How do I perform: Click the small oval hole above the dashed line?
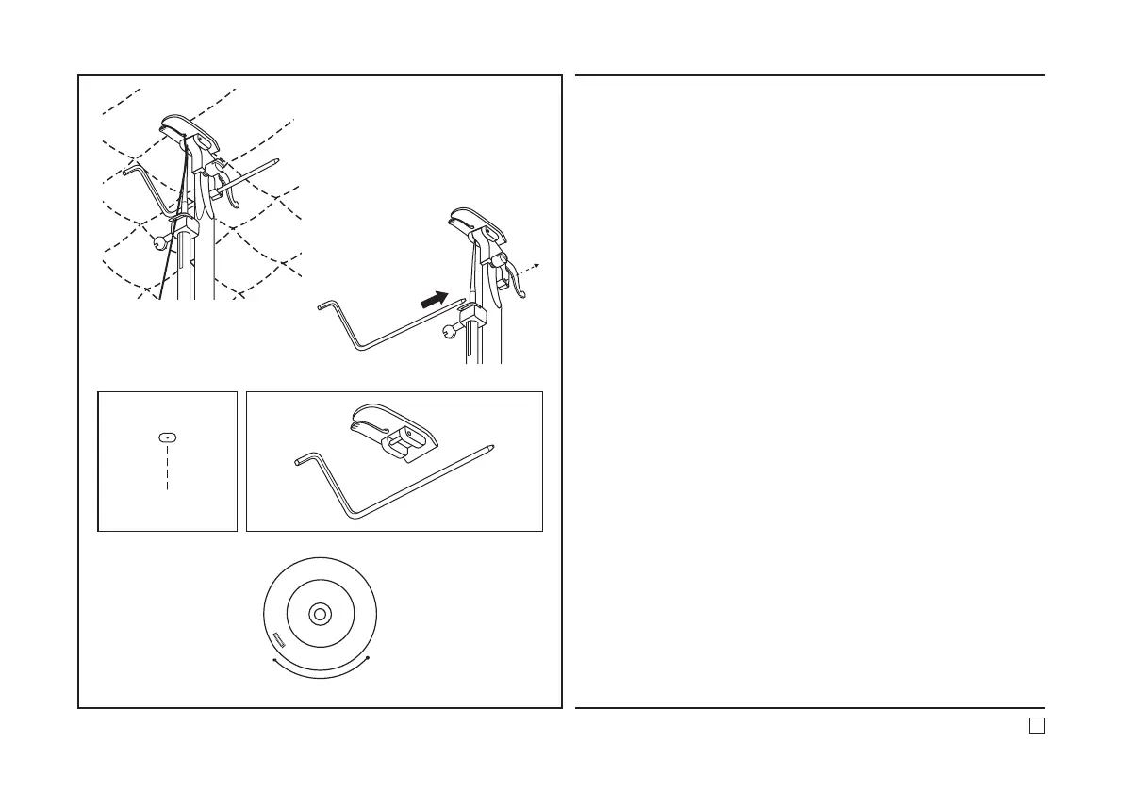pos(167,437)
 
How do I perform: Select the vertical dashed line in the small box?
pos(167,467)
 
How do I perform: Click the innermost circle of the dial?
pos(321,614)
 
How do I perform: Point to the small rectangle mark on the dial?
pos(279,637)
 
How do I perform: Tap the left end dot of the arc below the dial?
pos(272,664)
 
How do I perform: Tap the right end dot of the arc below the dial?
pos(369,657)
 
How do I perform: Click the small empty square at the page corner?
pos(1035,725)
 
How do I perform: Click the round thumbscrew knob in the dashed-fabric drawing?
pos(162,240)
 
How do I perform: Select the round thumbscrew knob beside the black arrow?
pos(449,331)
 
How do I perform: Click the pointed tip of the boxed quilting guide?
pos(494,445)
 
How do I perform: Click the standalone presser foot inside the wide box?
pos(393,429)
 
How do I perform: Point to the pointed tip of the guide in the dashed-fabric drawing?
pos(275,160)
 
